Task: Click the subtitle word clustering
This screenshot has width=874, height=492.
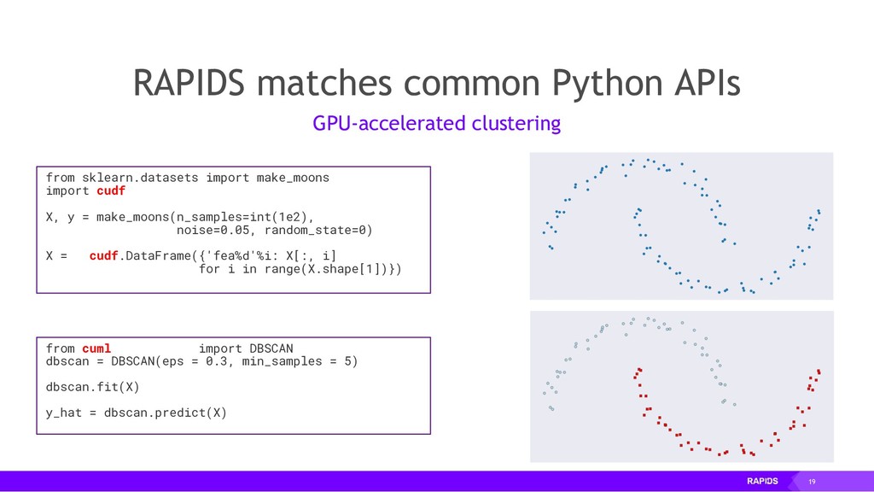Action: [x=516, y=124]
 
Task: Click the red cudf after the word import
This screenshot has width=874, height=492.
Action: [x=111, y=190]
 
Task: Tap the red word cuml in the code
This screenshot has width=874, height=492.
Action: [x=96, y=348]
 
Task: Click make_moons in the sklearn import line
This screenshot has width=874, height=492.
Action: [x=293, y=178]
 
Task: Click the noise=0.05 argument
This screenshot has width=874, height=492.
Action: [x=213, y=230]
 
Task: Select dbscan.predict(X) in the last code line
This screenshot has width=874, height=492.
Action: [x=166, y=413]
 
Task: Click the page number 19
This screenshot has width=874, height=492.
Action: [x=812, y=482]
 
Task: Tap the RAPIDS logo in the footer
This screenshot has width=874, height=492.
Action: [x=762, y=482]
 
